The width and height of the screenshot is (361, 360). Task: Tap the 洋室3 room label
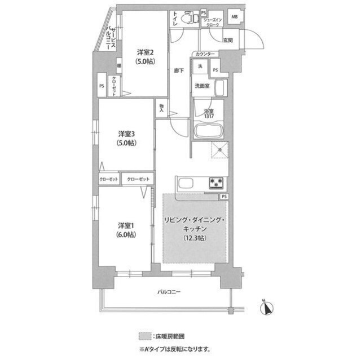pos(126,134)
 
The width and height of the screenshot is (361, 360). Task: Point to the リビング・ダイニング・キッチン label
pos(195,220)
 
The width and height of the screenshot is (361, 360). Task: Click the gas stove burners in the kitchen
pos(217,182)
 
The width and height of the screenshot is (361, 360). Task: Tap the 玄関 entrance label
pos(228,40)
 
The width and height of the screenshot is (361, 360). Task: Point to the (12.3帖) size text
pos(195,238)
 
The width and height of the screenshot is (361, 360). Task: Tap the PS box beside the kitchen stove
pos(224,196)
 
